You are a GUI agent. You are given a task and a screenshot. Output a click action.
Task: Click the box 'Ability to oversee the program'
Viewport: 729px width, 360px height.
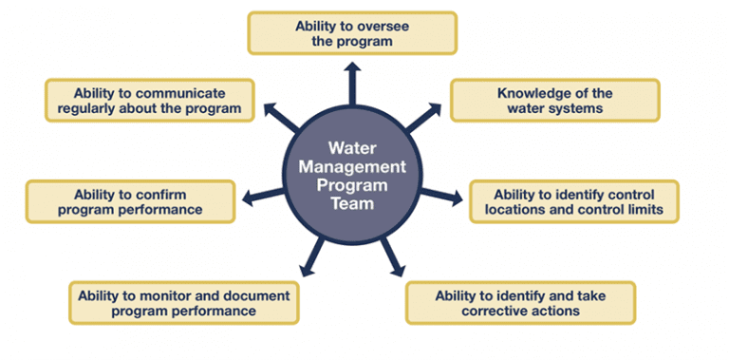click(351, 33)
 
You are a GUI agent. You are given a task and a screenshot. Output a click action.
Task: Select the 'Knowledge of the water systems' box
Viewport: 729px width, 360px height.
click(553, 101)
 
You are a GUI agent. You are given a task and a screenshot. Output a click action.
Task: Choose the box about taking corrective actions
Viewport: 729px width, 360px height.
click(520, 303)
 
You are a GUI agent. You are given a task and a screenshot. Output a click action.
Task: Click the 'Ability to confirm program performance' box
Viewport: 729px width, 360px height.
click(129, 201)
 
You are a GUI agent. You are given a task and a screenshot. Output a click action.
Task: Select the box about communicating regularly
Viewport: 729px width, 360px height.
click(150, 101)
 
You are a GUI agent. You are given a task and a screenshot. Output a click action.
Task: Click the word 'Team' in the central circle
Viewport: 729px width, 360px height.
click(352, 202)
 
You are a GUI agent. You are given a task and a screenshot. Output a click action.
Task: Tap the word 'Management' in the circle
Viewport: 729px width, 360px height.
click(352, 166)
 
